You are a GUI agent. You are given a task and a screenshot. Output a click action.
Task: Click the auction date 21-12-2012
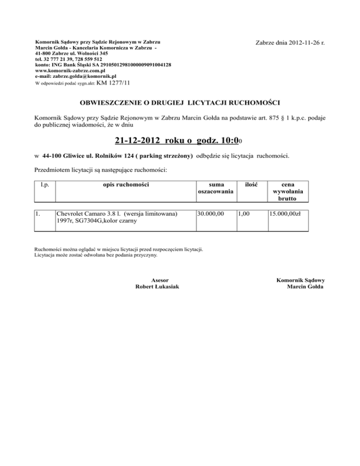point(139,140)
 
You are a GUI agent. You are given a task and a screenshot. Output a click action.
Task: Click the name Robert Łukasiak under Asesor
point(157,286)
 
